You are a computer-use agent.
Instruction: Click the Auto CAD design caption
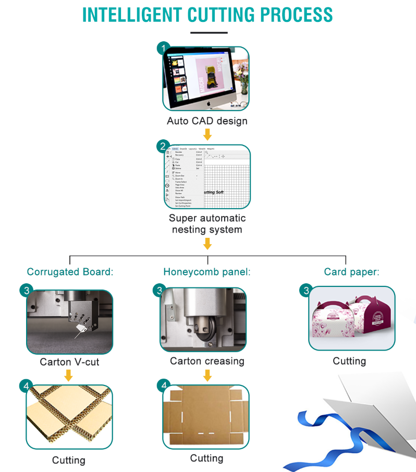(x=207, y=121)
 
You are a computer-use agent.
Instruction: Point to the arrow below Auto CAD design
(x=207, y=135)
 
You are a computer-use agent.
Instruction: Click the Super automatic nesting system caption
(x=207, y=224)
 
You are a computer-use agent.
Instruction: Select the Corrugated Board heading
(x=70, y=272)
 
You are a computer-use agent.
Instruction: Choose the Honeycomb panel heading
(x=207, y=272)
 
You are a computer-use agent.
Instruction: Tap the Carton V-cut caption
(x=69, y=361)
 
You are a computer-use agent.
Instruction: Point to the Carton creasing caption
(x=207, y=361)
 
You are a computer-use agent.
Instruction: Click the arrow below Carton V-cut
(x=69, y=375)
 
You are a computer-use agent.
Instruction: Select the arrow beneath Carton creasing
(x=207, y=375)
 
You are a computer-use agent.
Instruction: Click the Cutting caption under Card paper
(x=349, y=361)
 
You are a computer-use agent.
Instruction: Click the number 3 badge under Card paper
(x=307, y=291)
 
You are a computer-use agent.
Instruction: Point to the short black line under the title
(x=209, y=32)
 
